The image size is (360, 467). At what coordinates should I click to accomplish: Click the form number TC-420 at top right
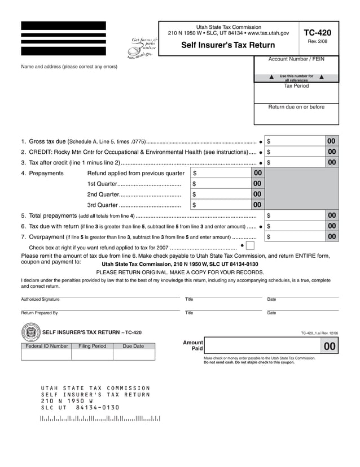[317, 33]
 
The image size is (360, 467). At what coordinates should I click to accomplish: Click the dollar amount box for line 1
[296, 141]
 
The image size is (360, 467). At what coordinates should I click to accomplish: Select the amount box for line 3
[296, 163]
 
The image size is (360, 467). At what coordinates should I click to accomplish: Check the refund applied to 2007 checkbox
[251, 246]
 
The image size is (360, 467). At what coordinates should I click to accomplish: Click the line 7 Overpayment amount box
[296, 236]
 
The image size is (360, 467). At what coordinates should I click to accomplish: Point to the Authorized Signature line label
[40, 300]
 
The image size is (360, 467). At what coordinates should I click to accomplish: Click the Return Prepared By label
[39, 313]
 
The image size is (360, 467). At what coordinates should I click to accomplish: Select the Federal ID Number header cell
[47, 346]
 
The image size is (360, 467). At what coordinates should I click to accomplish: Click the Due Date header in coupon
[133, 346]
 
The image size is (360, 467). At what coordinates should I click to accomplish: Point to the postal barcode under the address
[100, 419]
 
